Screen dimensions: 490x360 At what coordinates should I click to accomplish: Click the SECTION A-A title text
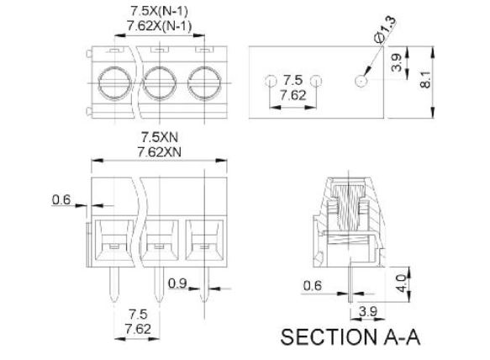point(350,337)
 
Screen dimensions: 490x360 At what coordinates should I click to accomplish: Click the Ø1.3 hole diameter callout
point(385,29)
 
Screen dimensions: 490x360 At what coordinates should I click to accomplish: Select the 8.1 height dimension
point(425,79)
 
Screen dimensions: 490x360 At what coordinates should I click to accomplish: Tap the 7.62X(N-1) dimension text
point(160,26)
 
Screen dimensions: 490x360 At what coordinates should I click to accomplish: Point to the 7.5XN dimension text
point(160,137)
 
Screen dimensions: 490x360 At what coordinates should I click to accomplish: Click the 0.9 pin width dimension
point(177,283)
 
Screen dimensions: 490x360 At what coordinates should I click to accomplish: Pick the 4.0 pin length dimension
point(402,283)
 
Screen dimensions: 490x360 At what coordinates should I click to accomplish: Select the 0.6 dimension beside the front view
point(61,199)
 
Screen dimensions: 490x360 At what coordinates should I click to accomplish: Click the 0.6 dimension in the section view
point(312,285)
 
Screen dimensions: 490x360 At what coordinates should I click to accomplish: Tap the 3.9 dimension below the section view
point(368,311)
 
